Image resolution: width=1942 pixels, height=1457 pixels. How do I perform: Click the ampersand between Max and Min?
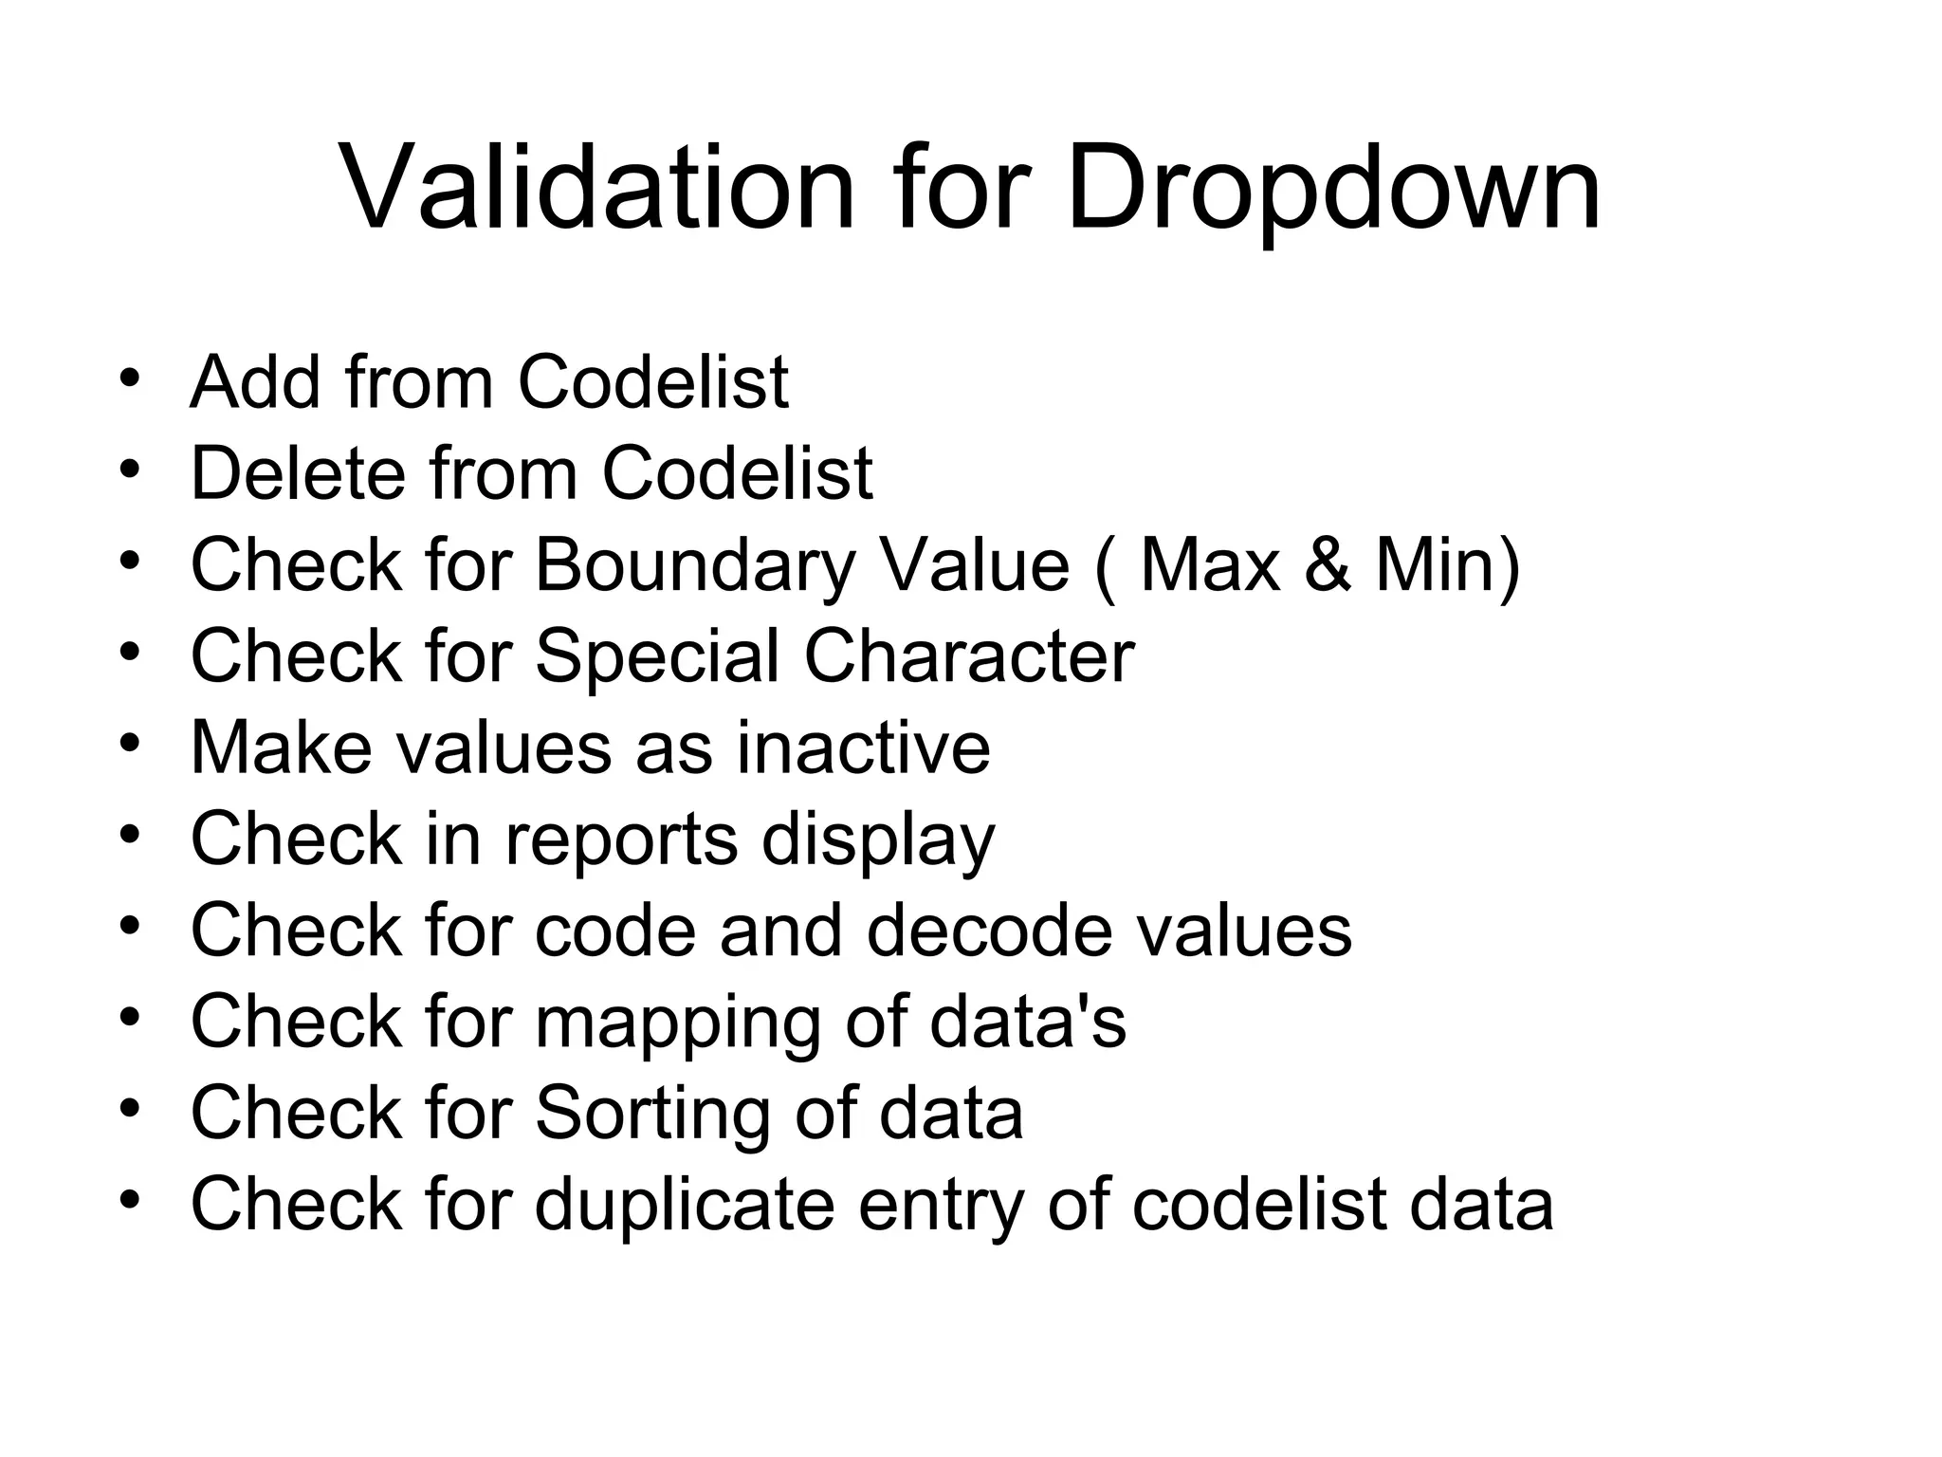pos(1325,565)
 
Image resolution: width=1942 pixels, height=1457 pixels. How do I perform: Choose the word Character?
pos(968,656)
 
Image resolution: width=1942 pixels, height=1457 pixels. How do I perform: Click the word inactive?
pos(864,748)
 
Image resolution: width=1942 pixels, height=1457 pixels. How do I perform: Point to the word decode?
pos(989,931)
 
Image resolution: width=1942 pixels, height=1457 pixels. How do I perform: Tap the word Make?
pos(282,748)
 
